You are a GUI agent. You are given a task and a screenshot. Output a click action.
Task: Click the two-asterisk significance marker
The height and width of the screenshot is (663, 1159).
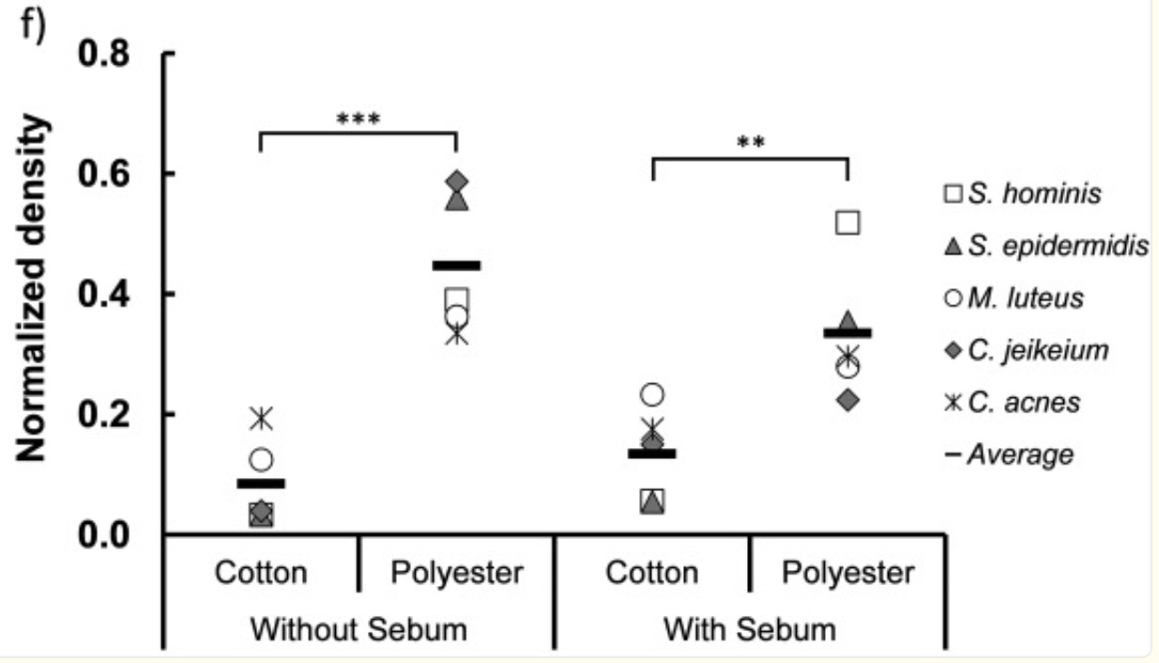point(751,145)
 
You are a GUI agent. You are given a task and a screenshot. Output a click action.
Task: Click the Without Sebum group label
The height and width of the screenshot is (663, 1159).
point(359,628)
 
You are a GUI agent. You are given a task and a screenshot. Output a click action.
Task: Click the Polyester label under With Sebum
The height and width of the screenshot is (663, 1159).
point(847,573)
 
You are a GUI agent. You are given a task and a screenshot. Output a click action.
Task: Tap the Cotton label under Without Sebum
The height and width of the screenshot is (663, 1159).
point(261,573)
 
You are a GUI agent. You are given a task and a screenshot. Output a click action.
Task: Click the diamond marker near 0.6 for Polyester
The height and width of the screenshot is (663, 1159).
point(457,180)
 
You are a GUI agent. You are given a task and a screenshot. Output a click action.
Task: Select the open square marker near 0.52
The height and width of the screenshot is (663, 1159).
point(847,223)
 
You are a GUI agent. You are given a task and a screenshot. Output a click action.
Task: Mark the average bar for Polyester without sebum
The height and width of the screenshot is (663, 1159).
point(457,266)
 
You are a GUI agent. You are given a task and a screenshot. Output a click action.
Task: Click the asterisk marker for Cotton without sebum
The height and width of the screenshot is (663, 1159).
point(262,418)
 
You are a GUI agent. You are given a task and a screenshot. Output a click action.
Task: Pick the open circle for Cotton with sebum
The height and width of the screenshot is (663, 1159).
point(652,394)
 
